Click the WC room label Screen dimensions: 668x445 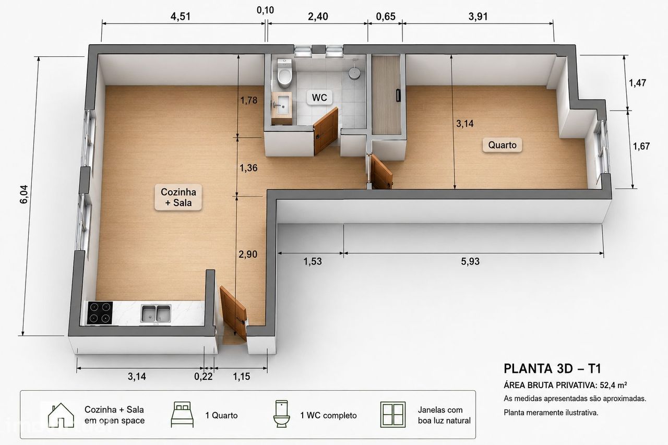[x=319, y=98]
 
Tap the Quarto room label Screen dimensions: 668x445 [x=502, y=145]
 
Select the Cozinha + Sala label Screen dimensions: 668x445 [x=178, y=197]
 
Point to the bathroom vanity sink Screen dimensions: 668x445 [x=282, y=104]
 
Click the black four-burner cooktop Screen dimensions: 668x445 [x=100, y=312]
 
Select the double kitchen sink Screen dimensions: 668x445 [x=156, y=314]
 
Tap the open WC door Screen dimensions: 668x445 [x=326, y=130]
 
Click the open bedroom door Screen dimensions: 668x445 [x=381, y=172]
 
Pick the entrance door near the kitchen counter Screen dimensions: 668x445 [x=233, y=313]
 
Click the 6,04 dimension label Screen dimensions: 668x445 [x=24, y=195]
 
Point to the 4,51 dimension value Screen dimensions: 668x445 [x=181, y=16]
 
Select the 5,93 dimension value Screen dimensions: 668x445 [x=470, y=261]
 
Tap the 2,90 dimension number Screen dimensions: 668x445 [x=248, y=254]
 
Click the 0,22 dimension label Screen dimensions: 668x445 [x=204, y=377]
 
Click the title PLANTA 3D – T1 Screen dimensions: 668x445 [x=552, y=369]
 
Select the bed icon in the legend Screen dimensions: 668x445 [x=182, y=415]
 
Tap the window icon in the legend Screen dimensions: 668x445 [x=393, y=415]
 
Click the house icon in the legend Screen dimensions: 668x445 [x=61, y=415]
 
